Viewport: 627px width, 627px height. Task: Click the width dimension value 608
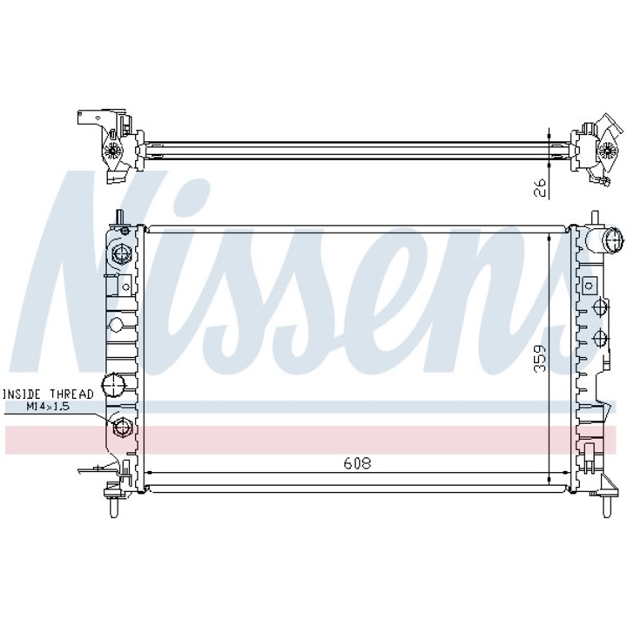pos(357,463)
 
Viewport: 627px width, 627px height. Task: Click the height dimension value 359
pos(540,358)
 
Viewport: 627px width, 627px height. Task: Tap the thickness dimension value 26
pos(540,187)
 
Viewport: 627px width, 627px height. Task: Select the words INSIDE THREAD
pos(48,394)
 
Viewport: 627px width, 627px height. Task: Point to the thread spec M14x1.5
pos(48,407)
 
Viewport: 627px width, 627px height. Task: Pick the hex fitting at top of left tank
pos(120,253)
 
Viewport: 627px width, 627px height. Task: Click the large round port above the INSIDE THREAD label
pos(113,385)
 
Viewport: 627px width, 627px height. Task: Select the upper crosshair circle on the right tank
pos(601,307)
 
